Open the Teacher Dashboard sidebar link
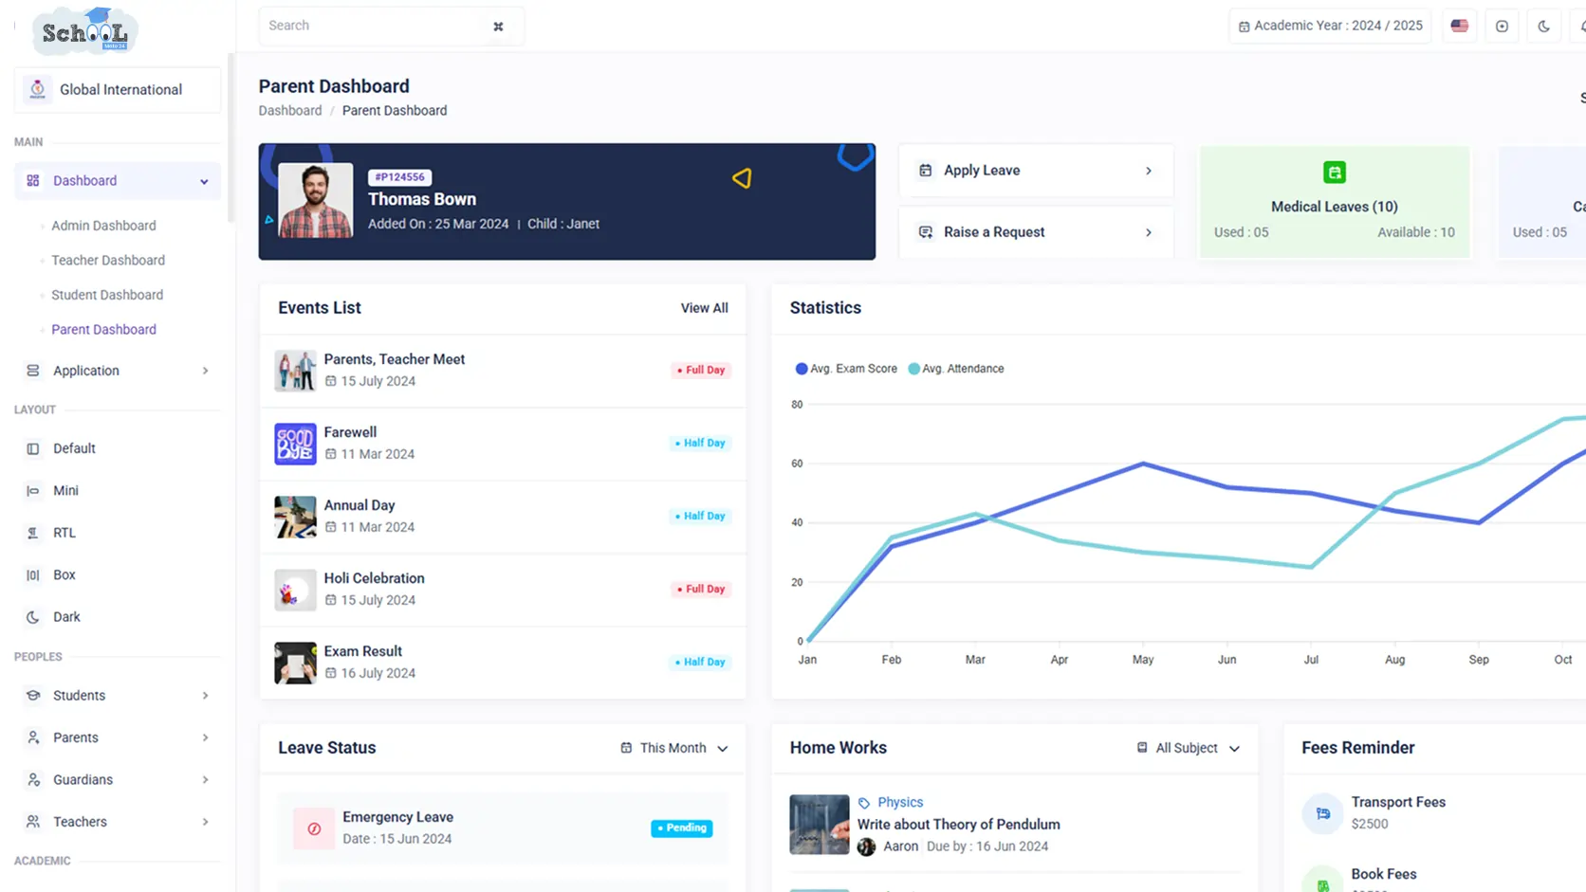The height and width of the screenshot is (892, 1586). click(107, 261)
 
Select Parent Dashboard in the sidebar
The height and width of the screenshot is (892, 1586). click(103, 330)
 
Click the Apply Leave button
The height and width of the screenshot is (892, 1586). click(1036, 171)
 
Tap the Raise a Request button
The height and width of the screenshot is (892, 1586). click(1036, 232)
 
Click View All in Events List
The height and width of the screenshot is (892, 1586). click(704, 308)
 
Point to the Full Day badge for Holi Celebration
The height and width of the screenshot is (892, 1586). click(700, 589)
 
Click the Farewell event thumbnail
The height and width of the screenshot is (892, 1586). click(295, 444)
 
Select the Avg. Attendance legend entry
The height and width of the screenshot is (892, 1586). click(956, 369)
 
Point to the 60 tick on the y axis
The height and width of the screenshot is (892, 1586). click(797, 464)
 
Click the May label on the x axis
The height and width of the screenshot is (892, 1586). click(1143, 659)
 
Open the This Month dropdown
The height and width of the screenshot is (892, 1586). click(674, 748)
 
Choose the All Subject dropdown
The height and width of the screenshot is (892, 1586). click(1189, 748)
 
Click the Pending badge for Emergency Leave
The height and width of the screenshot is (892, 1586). click(681, 828)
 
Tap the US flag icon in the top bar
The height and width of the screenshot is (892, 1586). click(1459, 27)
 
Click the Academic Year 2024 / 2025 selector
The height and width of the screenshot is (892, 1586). click(1331, 27)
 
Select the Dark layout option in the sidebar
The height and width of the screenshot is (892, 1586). click(65, 617)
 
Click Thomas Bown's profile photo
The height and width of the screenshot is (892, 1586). click(315, 200)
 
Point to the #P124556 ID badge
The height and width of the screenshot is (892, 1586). click(399, 177)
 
